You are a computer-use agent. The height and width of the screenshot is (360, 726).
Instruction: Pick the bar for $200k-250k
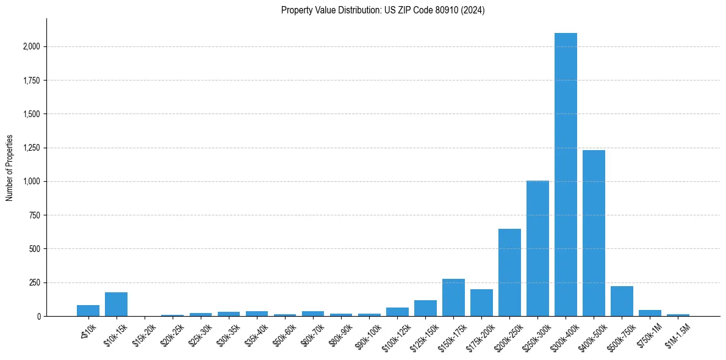(509, 272)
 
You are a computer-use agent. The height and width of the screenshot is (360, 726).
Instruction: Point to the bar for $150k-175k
(453, 298)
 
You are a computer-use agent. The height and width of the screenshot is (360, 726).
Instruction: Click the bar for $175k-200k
(481, 303)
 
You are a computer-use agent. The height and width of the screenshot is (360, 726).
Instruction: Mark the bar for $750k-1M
(650, 313)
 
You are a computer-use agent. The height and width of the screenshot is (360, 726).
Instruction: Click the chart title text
(383, 10)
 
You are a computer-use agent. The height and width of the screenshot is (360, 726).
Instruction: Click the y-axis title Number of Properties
(10, 168)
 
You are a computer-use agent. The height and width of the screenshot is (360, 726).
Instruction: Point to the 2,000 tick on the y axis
(32, 46)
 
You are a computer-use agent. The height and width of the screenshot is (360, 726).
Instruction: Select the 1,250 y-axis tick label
(32, 148)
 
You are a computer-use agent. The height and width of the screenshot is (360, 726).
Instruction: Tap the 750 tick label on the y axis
(35, 215)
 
